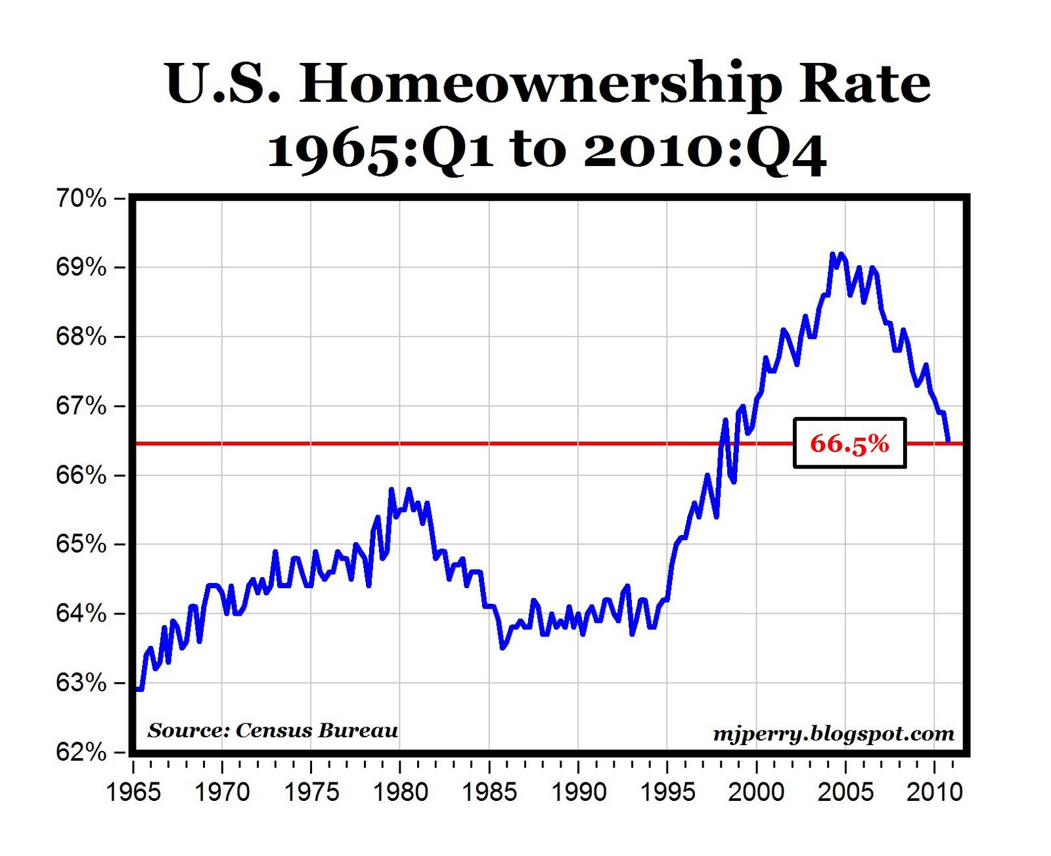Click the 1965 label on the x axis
tap(133, 792)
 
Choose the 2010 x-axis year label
tap(934, 792)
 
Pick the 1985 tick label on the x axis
tap(489, 792)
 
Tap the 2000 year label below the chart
tap(756, 792)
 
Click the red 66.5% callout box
tap(849, 444)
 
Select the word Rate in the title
tap(864, 83)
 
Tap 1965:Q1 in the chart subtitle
tap(380, 151)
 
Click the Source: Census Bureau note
tap(273, 731)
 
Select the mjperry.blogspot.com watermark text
tap(834, 733)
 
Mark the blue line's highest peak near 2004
tap(833, 254)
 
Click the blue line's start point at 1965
tap(137, 689)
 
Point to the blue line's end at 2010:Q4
tap(949, 441)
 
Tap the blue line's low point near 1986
tap(503, 648)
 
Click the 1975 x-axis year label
tap(311, 792)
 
